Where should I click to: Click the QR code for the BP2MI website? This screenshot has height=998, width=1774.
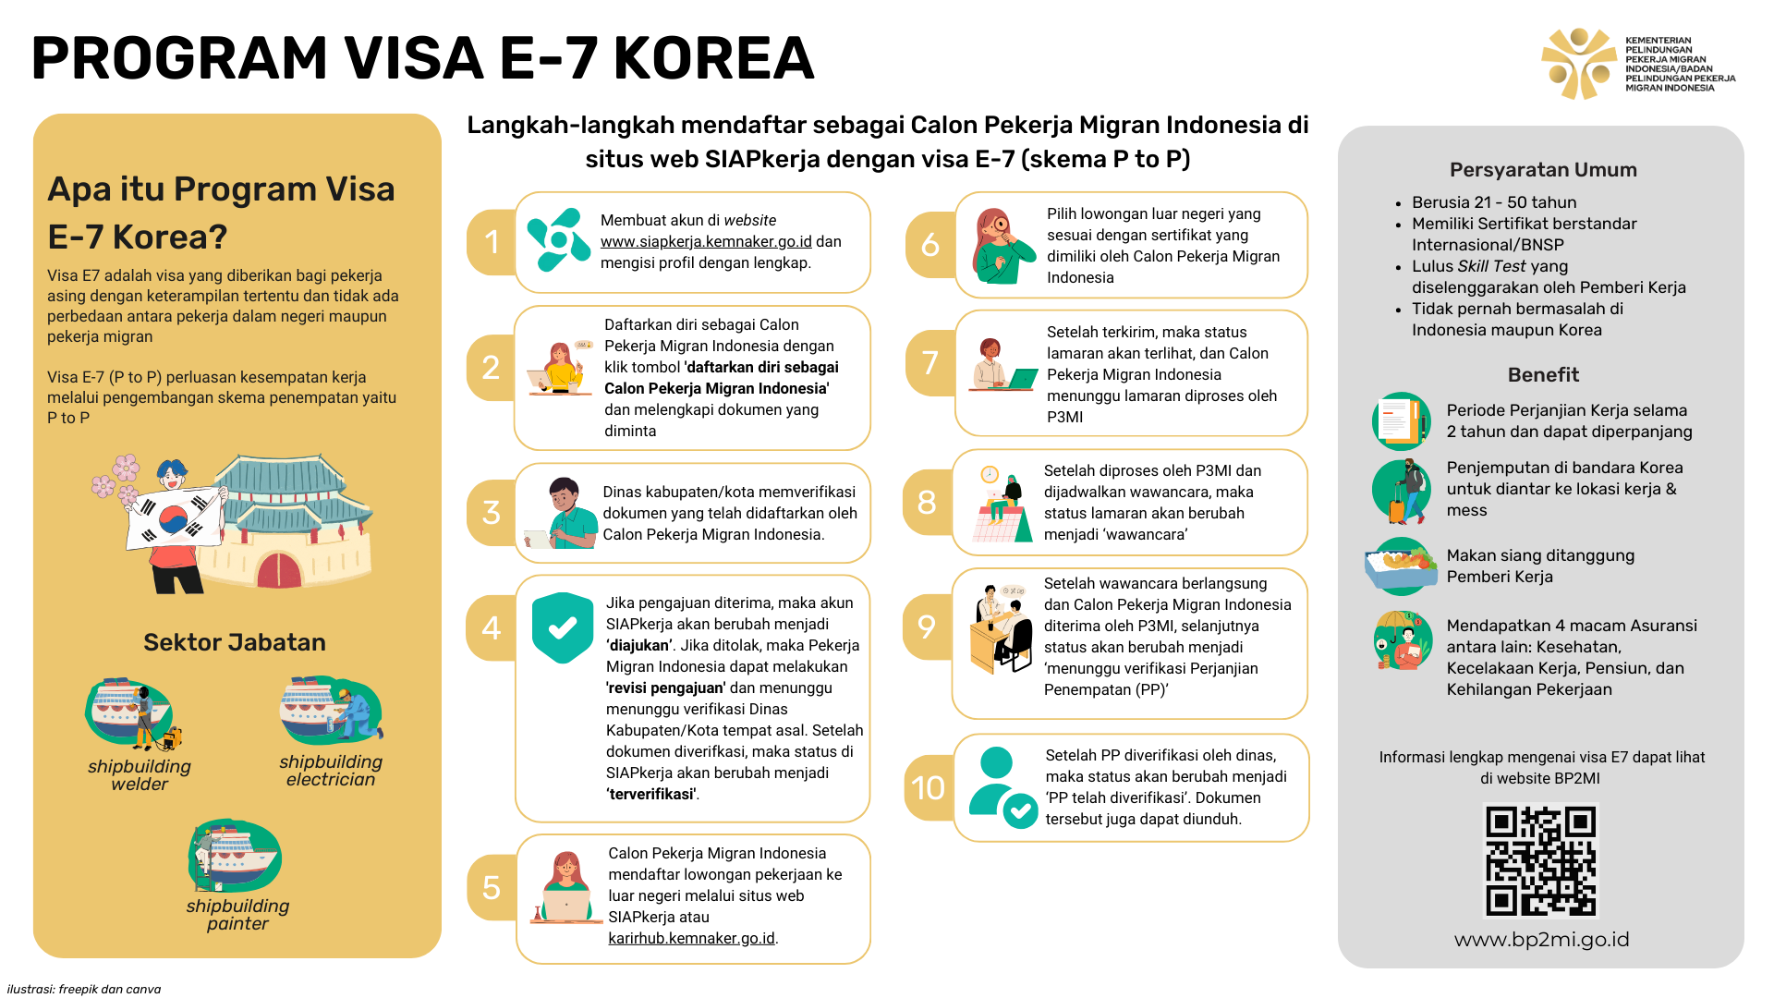1540,860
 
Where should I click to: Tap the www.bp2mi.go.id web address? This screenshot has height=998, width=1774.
1541,940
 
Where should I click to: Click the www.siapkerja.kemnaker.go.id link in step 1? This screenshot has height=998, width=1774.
706,241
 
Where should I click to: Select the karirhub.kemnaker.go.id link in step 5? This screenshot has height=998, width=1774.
691,938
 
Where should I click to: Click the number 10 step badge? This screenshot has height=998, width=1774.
929,787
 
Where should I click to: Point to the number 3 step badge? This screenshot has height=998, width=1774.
492,512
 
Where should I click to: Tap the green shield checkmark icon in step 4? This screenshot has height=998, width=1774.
563,627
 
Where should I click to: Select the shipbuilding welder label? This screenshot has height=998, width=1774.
140,775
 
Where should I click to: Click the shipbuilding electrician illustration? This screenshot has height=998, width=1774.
331,711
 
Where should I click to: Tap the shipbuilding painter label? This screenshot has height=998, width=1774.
237,915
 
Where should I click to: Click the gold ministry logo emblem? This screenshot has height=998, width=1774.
1578,63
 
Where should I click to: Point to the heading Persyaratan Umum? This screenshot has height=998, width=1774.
1543,170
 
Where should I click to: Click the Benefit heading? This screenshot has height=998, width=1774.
1543,375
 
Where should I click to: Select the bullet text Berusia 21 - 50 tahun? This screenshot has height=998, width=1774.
1494,202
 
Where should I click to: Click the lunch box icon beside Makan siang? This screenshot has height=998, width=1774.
1401,566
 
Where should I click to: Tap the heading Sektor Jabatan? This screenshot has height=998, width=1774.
235,642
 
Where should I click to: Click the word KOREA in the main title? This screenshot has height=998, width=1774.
713,57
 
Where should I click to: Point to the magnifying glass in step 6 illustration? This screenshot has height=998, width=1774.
1001,225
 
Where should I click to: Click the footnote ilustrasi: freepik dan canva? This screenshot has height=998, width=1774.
84,989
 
